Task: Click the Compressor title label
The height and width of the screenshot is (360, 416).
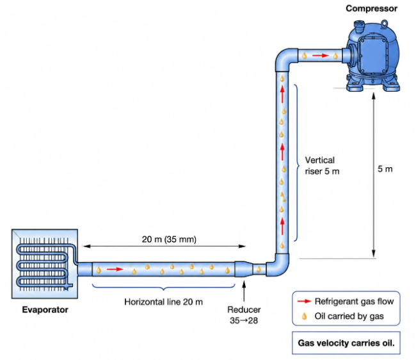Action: [x=371, y=8]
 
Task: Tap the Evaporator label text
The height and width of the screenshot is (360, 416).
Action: [x=45, y=309]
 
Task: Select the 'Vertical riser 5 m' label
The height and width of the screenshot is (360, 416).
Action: [x=322, y=166]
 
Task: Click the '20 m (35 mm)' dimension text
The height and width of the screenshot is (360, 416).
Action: [x=169, y=239]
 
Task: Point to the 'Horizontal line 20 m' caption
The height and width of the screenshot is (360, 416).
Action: [x=163, y=302]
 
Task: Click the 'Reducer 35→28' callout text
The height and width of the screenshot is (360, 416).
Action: [x=244, y=315]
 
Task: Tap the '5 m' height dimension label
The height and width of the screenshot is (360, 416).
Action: [x=385, y=169]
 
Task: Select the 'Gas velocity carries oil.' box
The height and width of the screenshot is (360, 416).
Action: [x=346, y=343]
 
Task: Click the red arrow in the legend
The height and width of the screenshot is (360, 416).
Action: [x=304, y=301]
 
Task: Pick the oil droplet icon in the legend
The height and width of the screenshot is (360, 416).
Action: [x=304, y=316]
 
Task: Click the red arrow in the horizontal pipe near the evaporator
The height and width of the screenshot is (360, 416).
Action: [x=115, y=269]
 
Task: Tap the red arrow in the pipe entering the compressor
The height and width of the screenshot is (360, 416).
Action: [x=321, y=56]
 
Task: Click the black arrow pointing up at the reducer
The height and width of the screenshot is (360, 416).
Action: [x=244, y=291]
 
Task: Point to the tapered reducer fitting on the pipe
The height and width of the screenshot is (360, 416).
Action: [x=244, y=269]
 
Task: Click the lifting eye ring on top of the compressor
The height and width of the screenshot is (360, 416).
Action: [x=384, y=24]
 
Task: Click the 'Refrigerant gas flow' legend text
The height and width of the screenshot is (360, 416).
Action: [x=354, y=301]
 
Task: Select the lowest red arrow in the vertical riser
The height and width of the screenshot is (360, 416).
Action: [x=282, y=227]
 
